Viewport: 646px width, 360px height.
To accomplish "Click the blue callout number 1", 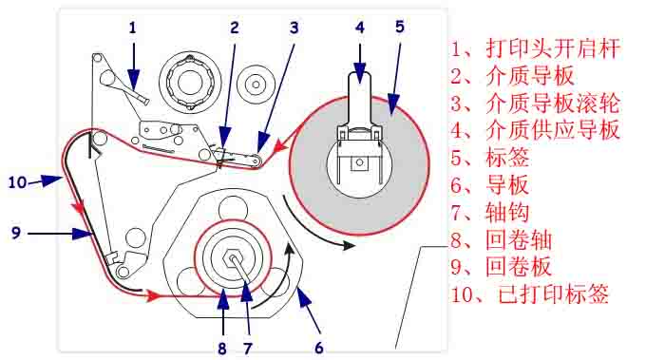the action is coord(132,28).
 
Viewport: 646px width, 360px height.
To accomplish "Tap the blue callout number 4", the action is coord(360,28).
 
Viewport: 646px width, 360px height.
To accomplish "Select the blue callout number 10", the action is coord(17,182).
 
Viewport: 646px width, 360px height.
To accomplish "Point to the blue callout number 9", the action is coord(16,233).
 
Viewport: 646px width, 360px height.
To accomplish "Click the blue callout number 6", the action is coord(319,348).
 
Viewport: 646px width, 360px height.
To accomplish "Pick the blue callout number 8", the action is coord(222,349).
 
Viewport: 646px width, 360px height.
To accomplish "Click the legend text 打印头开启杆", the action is coord(553,48).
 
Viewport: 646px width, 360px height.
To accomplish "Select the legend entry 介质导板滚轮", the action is coord(553,103).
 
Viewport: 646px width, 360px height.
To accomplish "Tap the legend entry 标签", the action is coord(507,158).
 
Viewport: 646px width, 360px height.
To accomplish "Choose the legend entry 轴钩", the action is coord(507,212).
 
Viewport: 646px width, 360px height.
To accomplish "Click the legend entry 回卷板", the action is coord(519,267).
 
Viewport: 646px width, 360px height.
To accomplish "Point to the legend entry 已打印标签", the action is coord(553,294).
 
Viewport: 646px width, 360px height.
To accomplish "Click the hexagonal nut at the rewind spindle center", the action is coord(233,259).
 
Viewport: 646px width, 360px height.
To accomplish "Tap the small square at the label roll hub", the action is coord(359,163).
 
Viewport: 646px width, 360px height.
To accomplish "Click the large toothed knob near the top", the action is coord(189,82).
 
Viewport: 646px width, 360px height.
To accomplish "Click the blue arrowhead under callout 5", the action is coord(393,104).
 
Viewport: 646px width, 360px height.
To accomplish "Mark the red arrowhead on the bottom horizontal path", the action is coord(152,294).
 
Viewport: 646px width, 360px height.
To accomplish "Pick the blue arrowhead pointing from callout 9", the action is coord(83,234).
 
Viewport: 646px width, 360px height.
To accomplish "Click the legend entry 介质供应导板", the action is coord(553,130).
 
